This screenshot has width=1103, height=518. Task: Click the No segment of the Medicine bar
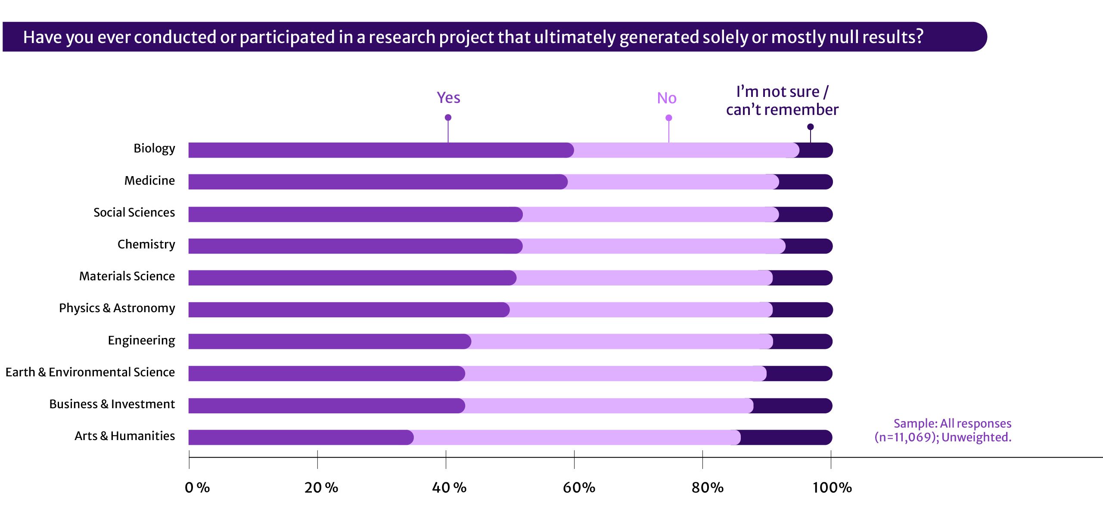(x=672, y=182)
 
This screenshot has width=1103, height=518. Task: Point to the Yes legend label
(x=448, y=98)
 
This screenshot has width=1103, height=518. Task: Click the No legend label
(x=667, y=98)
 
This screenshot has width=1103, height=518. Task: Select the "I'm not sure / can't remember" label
(x=782, y=101)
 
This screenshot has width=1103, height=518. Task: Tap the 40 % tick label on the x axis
(x=449, y=487)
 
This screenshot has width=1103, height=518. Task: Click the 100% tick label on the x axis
(x=832, y=487)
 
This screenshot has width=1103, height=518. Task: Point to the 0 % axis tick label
(x=197, y=487)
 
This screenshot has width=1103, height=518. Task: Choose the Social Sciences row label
(x=134, y=212)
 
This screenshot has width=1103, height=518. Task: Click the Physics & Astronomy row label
(x=117, y=308)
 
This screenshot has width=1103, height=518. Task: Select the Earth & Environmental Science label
(x=90, y=372)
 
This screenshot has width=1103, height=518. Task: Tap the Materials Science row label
(x=127, y=276)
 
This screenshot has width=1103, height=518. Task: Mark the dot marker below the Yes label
(x=448, y=118)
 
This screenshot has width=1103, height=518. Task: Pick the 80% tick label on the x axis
(x=707, y=487)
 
